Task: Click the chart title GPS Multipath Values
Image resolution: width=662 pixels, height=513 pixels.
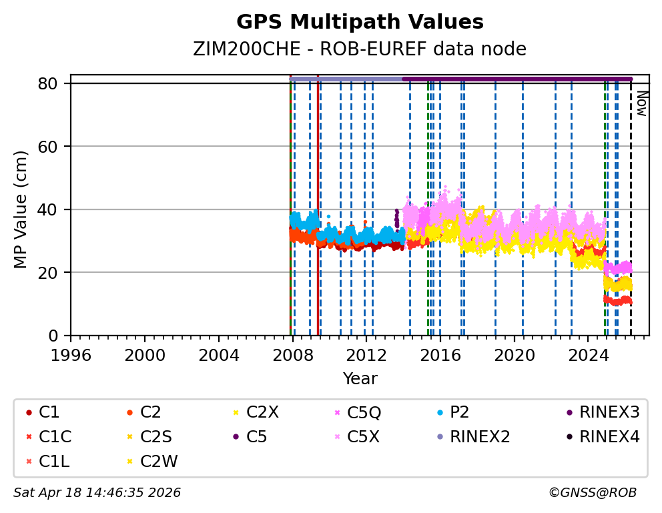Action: coord(360,22)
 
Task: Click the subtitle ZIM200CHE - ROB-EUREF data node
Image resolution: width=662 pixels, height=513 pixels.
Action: coord(360,49)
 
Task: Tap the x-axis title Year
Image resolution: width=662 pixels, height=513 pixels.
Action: coord(360,379)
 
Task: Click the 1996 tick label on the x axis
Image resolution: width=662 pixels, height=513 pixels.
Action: coord(71,354)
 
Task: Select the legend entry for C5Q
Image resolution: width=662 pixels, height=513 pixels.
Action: coord(364,413)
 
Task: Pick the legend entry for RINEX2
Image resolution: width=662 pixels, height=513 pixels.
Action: coord(480,437)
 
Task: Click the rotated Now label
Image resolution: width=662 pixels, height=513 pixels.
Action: coord(641,103)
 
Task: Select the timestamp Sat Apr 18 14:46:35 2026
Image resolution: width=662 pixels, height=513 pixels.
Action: coord(97,493)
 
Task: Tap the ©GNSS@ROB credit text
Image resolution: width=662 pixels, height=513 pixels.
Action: coord(593,493)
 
